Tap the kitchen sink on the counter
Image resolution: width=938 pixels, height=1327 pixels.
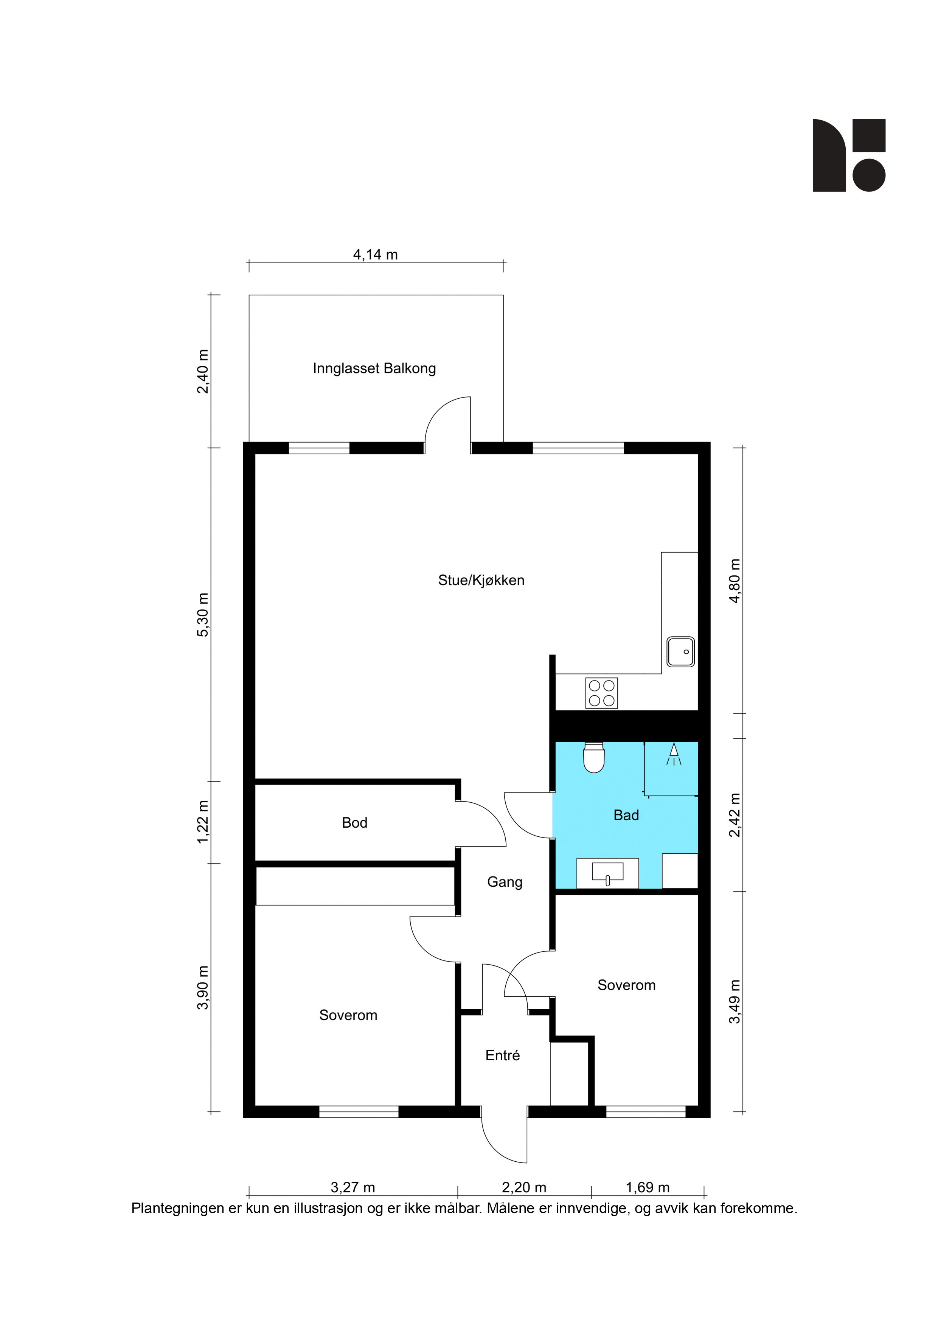pos(680,651)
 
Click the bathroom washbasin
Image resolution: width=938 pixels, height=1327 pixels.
pos(607,872)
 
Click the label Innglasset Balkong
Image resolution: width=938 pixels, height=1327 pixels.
pos(374,368)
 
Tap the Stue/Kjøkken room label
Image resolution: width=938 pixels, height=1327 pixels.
pos(481,580)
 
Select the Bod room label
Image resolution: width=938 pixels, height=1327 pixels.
pos(354,822)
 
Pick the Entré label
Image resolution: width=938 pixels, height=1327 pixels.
pos(502,1055)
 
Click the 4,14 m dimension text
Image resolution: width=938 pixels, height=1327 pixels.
pos(376,254)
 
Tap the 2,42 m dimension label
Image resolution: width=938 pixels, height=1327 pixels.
pos(734,815)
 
